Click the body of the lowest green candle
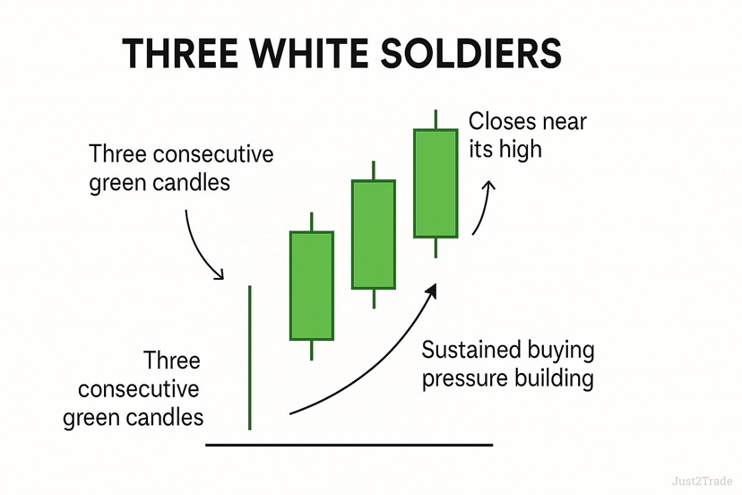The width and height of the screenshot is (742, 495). click(311, 285)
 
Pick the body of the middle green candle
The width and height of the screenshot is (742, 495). click(373, 234)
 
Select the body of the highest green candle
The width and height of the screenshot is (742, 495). click(436, 183)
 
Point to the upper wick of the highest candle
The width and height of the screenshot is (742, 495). click(436, 119)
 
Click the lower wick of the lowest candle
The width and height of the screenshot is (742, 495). click(311, 350)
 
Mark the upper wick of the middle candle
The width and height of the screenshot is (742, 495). click(373, 170)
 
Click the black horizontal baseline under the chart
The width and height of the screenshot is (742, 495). click(349, 444)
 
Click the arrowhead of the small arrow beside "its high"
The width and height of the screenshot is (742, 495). click(488, 186)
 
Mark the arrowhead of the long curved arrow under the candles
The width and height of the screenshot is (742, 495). click(432, 290)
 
